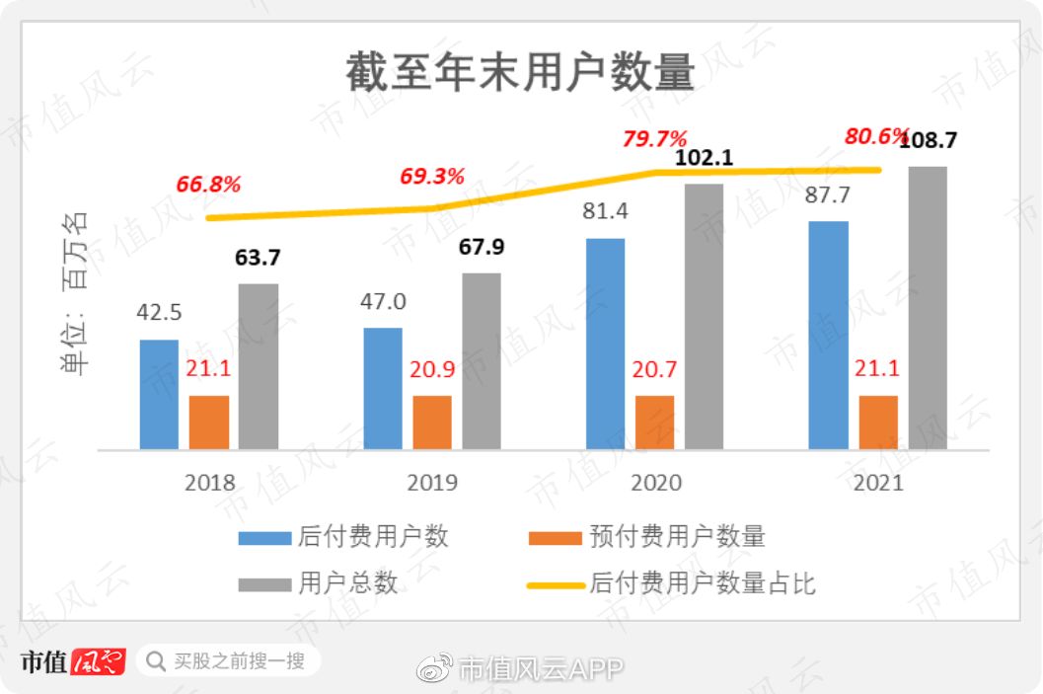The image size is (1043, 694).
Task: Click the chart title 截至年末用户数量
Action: pos(521,73)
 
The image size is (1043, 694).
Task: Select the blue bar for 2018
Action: pos(159,395)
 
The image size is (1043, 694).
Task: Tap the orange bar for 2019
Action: pos(432,423)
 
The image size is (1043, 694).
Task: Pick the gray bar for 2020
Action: pos(704,317)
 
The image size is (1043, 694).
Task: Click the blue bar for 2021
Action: pos(828,336)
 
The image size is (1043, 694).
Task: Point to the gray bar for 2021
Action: pos(928,308)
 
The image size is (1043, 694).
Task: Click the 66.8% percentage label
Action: pos(208,185)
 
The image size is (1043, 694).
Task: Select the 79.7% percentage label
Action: pos(654,138)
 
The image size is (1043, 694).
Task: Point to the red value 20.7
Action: pos(655,369)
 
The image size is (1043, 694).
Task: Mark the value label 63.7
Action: pos(258,258)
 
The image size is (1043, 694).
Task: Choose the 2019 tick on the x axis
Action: pos(432,483)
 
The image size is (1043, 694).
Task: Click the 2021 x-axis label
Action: pos(878,483)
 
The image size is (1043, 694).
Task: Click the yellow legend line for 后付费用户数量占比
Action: pos(555,583)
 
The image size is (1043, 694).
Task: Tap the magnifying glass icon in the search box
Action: pos(156,660)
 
